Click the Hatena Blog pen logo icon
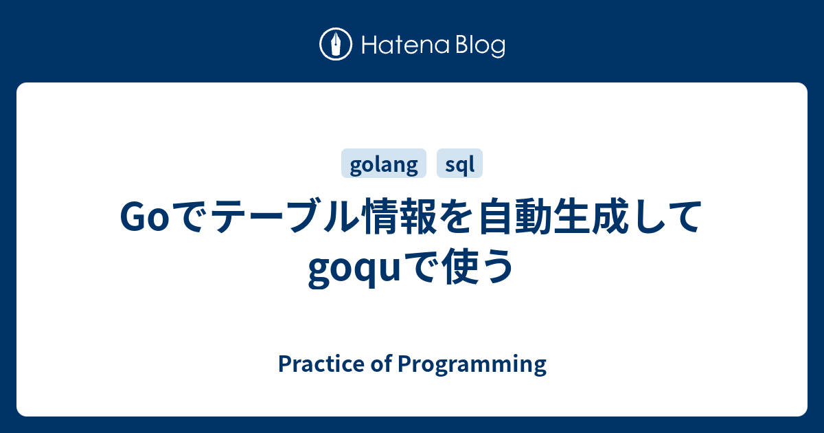pos(336,45)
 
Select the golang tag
pos(384,164)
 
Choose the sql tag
pos(459,164)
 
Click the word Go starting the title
pos(141,219)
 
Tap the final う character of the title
pos(496,267)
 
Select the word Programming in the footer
pos(472,364)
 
